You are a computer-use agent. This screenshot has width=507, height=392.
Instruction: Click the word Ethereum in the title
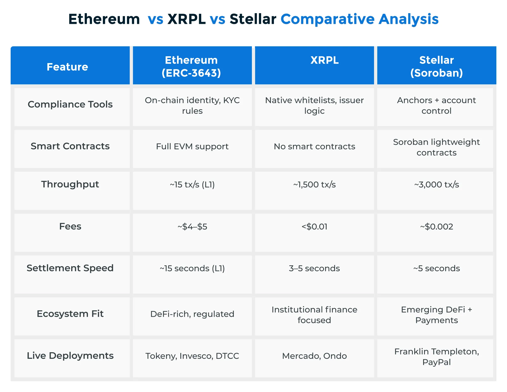tap(104, 19)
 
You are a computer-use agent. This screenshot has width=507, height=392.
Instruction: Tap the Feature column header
tap(67, 67)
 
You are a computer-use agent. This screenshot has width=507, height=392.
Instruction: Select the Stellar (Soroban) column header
tap(436, 66)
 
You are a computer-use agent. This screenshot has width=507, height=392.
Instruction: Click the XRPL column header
tap(324, 60)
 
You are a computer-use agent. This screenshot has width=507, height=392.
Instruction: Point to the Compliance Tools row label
tap(70, 104)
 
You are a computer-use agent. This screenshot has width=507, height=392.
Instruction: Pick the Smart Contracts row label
tap(70, 146)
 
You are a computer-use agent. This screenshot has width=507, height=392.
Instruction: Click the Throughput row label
tap(70, 184)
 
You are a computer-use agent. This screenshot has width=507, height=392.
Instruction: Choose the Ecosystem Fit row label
tap(70, 314)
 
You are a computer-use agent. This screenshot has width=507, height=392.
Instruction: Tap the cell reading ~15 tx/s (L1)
tap(192, 185)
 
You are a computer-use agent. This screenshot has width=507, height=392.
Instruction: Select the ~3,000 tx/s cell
tap(436, 185)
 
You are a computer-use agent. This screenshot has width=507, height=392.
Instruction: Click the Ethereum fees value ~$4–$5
tap(192, 227)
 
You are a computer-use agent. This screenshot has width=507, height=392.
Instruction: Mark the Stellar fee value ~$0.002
tap(436, 227)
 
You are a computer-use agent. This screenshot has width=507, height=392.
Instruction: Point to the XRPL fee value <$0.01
tap(314, 227)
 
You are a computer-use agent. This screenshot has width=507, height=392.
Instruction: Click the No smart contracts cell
tap(314, 146)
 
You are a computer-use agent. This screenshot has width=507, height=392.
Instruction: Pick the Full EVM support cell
tap(192, 146)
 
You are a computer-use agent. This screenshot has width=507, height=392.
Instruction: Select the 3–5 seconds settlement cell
tap(314, 268)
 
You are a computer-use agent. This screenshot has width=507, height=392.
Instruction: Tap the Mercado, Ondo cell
tap(314, 356)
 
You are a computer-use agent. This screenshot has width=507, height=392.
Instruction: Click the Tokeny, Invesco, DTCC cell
tap(192, 356)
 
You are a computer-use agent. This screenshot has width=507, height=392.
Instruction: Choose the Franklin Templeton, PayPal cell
tap(436, 357)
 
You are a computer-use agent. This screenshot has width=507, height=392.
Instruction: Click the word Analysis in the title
tap(408, 19)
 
